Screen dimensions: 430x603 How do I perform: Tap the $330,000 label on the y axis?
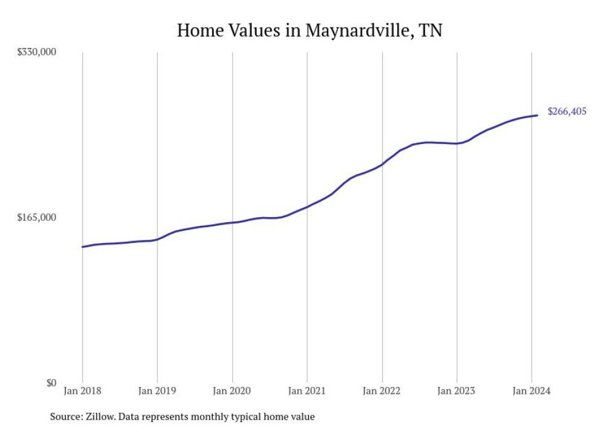(x=36, y=52)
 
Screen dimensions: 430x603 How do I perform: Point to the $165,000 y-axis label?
(x=36, y=217)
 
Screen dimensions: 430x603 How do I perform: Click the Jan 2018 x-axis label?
(x=82, y=391)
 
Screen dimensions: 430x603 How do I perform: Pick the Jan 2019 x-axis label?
(x=158, y=391)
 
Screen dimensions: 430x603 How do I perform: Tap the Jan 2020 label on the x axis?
(x=232, y=391)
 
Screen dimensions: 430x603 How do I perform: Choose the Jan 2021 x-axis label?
(x=307, y=391)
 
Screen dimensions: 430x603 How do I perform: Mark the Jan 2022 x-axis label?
(x=382, y=391)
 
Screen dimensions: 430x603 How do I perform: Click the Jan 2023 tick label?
(x=457, y=391)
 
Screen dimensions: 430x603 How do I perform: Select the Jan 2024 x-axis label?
(x=532, y=391)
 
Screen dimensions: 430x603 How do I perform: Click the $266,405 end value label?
(x=567, y=111)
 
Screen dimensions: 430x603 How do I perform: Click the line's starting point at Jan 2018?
(x=82, y=247)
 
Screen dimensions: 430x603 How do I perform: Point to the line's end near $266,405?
(x=538, y=115)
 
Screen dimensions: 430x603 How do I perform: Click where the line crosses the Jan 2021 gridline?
(x=307, y=207)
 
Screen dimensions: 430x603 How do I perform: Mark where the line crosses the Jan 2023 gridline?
(x=457, y=143)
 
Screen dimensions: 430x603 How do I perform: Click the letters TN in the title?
(x=430, y=31)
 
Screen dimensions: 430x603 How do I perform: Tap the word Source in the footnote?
(x=66, y=416)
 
